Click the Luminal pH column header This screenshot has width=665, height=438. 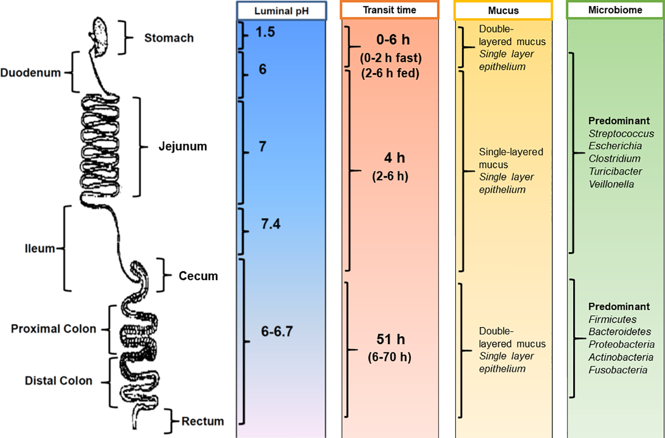click(281, 10)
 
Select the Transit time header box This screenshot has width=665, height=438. click(389, 10)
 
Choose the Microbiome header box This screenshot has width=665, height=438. click(615, 10)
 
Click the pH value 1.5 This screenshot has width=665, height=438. click(265, 32)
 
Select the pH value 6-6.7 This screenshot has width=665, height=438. click(277, 332)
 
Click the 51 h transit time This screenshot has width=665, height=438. click(391, 339)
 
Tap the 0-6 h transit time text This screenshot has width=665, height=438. click(390, 40)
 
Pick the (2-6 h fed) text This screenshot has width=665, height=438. click(390, 75)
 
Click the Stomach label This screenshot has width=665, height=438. click(169, 38)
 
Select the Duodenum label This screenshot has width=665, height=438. click(30, 73)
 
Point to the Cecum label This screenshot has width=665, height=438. click(198, 276)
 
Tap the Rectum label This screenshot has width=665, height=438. click(203, 421)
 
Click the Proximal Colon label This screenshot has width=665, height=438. click(53, 329)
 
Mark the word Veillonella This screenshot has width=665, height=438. click(611, 184)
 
